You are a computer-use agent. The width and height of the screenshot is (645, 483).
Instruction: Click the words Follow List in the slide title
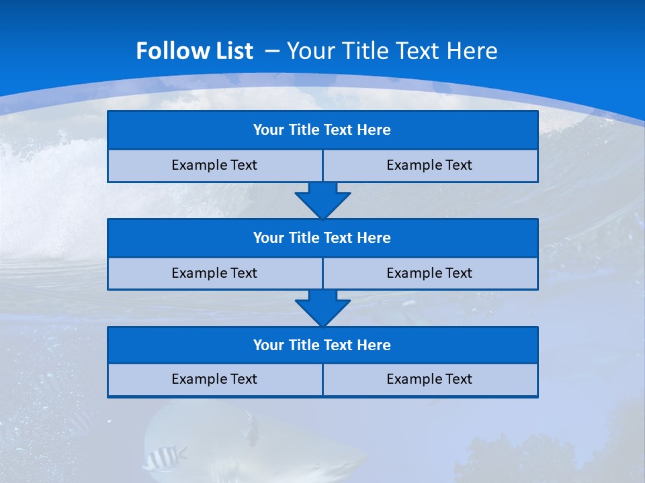click(195, 51)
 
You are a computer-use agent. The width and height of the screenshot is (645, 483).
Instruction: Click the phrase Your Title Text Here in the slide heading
click(392, 51)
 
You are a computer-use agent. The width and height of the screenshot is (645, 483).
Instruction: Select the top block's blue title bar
click(322, 130)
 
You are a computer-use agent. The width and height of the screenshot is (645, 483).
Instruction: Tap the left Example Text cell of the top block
click(214, 165)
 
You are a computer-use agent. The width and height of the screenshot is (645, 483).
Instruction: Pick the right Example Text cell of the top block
click(429, 165)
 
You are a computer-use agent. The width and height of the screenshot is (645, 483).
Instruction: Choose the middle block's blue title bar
click(322, 238)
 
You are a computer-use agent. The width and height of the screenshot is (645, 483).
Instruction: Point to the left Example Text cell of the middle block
click(214, 273)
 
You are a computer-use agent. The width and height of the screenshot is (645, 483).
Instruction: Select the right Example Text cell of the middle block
click(429, 273)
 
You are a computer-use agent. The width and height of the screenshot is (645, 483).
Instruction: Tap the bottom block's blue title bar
click(322, 345)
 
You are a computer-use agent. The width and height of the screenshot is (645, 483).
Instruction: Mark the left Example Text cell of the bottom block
click(214, 379)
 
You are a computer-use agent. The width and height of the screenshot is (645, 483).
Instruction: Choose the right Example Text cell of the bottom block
click(429, 379)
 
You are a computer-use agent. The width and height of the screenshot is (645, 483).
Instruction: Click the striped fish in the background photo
click(163, 458)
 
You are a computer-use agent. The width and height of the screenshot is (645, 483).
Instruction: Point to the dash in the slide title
click(273, 51)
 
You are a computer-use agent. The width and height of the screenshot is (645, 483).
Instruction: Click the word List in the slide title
click(234, 51)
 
